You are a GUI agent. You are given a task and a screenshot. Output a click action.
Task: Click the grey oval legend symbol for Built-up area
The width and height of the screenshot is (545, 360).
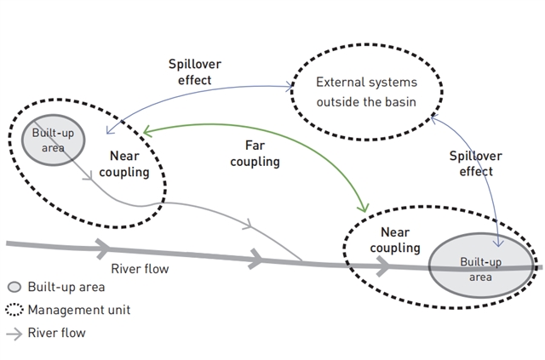[14, 288]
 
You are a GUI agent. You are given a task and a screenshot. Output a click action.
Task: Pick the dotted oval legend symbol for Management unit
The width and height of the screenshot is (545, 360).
[14, 310]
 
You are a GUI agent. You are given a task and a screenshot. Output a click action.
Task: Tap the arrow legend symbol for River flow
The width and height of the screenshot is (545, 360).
[14, 333]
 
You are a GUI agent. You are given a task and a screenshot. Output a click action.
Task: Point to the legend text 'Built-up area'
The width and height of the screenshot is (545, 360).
[66, 288]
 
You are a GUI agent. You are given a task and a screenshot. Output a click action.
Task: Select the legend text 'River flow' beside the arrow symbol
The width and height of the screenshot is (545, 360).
[57, 333]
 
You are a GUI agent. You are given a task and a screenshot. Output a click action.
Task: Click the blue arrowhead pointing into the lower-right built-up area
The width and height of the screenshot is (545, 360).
[502, 243]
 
